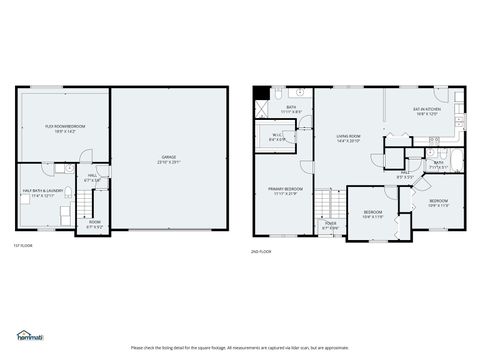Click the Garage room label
click(169, 158)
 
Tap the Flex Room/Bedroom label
click(65, 128)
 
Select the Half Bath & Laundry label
click(41, 194)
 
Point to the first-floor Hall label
click(92, 178)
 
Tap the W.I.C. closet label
click(276, 137)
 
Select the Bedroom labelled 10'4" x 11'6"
click(372, 213)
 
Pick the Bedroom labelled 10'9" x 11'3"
click(438, 203)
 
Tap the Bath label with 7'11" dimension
click(438, 164)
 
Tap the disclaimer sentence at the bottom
click(240, 347)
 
